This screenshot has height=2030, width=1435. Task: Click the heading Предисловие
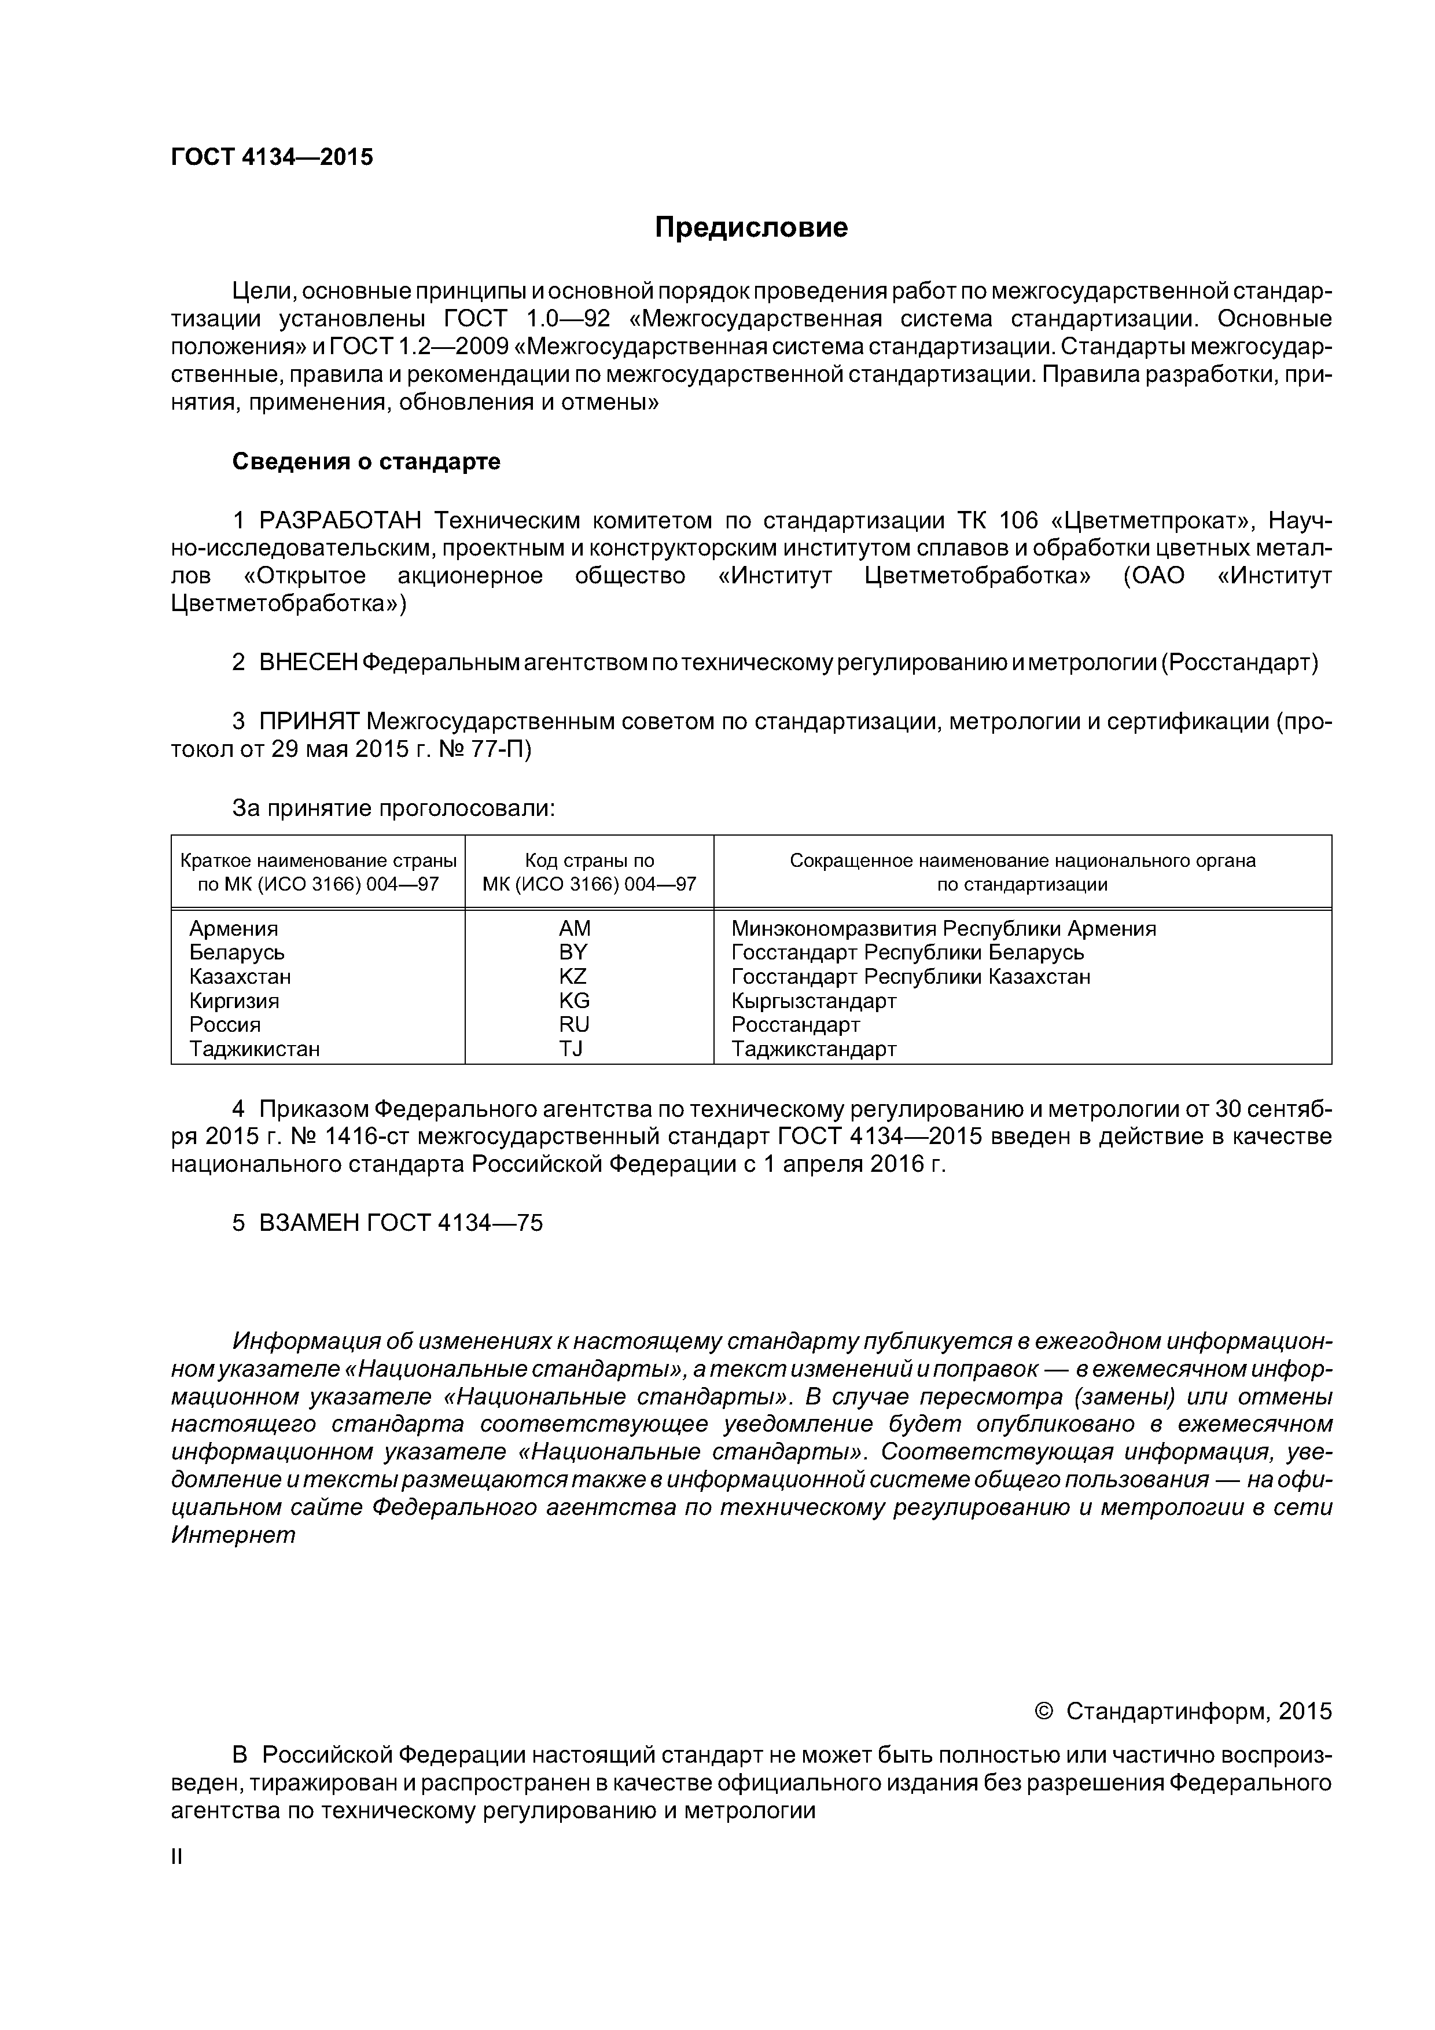point(750,228)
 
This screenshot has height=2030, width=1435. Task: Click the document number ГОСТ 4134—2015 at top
point(271,157)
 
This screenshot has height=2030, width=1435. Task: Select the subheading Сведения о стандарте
point(366,462)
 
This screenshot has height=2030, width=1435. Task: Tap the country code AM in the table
point(575,928)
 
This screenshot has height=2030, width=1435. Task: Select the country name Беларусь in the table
point(237,953)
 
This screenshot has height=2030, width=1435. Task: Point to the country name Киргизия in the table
point(234,1001)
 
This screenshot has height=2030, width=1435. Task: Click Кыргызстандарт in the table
point(814,1001)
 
